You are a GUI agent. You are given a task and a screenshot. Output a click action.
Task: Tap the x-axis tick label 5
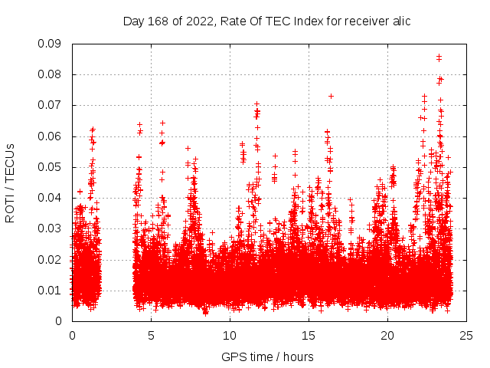151,335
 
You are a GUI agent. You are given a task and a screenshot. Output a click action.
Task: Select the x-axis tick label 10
230,335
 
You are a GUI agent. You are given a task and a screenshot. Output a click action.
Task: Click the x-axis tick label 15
309,335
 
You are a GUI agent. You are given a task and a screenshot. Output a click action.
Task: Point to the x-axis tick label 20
387,335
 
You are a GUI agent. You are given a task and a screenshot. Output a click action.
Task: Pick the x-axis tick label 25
466,335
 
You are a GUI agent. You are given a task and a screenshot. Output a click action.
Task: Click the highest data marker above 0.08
439,56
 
